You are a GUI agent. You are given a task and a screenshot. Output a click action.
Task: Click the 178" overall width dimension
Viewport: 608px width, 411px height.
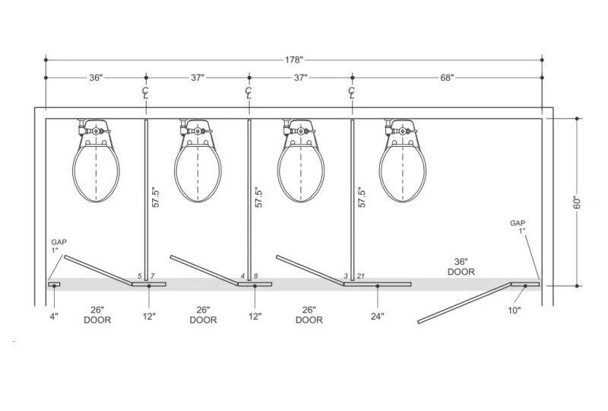pyautogui.click(x=294, y=60)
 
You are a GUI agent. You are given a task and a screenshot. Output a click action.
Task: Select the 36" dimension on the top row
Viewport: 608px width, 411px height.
pyautogui.click(x=96, y=78)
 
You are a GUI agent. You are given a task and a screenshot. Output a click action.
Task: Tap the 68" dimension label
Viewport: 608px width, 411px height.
pyautogui.click(x=446, y=78)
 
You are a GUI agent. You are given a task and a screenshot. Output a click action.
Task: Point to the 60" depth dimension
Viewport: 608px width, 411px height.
pyautogui.click(x=577, y=202)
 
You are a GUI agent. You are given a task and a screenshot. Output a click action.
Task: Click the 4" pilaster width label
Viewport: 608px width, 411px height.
pyautogui.click(x=54, y=316)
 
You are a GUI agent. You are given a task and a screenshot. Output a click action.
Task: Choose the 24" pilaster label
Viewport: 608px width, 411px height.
pyautogui.click(x=377, y=316)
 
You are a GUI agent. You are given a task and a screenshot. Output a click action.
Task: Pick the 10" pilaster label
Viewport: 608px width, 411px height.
pyautogui.click(x=515, y=311)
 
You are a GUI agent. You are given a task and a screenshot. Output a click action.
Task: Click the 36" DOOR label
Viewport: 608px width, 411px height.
pyautogui.click(x=461, y=266)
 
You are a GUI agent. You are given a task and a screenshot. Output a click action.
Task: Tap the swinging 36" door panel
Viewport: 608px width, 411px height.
pyautogui.click(x=464, y=303)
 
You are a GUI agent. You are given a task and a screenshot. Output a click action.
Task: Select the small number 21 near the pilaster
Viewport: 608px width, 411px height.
pyautogui.click(x=360, y=276)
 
